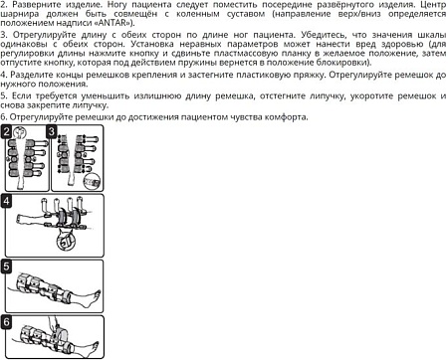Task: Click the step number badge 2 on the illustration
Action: coord(7,131)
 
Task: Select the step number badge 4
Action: coord(7,200)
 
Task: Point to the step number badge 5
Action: coord(7,266)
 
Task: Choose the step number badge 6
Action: coord(7,321)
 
